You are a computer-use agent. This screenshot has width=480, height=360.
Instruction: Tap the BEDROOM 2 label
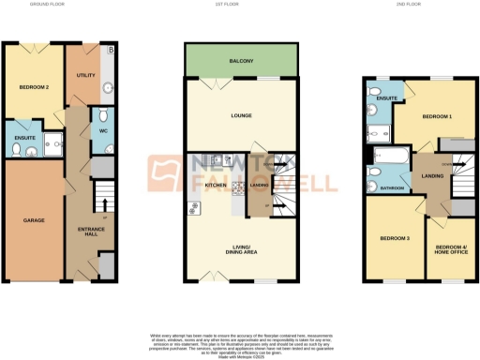point(34,87)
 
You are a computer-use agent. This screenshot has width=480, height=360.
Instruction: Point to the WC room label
point(104,130)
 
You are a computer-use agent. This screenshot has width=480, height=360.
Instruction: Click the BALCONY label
point(242,62)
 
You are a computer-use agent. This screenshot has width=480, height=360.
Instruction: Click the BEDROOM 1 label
point(436,117)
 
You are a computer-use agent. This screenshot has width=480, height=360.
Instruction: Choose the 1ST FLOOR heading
point(242,5)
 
